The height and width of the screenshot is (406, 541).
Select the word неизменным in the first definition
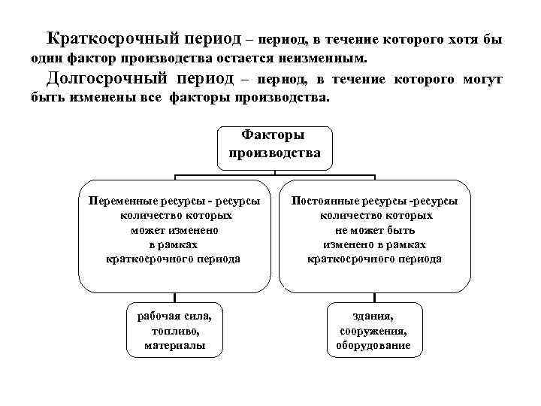[331, 57]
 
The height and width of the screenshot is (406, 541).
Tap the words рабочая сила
[174, 317]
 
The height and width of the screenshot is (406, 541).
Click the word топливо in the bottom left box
[174, 331]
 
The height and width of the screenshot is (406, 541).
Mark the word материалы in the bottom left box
[174, 345]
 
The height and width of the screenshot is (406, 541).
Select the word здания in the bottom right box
[373, 317]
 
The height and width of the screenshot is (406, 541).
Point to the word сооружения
[373, 331]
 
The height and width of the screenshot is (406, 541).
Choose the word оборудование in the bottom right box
[373, 345]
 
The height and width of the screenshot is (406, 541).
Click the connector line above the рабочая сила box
[174, 297]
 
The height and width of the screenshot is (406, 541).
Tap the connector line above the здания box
[373, 297]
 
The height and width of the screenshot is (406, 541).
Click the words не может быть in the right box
[374, 230]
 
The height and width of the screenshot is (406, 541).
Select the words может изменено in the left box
[174, 230]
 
